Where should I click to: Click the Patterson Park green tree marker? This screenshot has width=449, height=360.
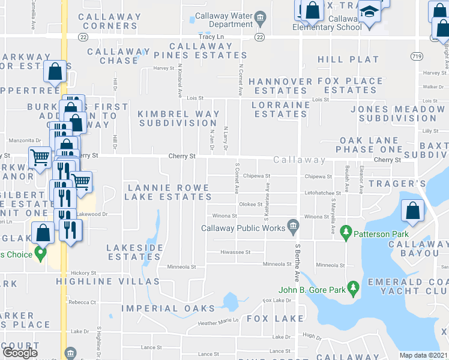346,231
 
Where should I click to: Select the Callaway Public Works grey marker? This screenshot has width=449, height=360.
293,226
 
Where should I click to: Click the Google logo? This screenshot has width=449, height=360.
20,353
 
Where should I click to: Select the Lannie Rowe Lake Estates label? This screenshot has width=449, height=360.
168,192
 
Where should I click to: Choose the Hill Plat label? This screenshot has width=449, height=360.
348,59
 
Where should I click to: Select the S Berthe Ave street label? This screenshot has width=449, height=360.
297,265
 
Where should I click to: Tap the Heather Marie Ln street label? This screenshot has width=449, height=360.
218,321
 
